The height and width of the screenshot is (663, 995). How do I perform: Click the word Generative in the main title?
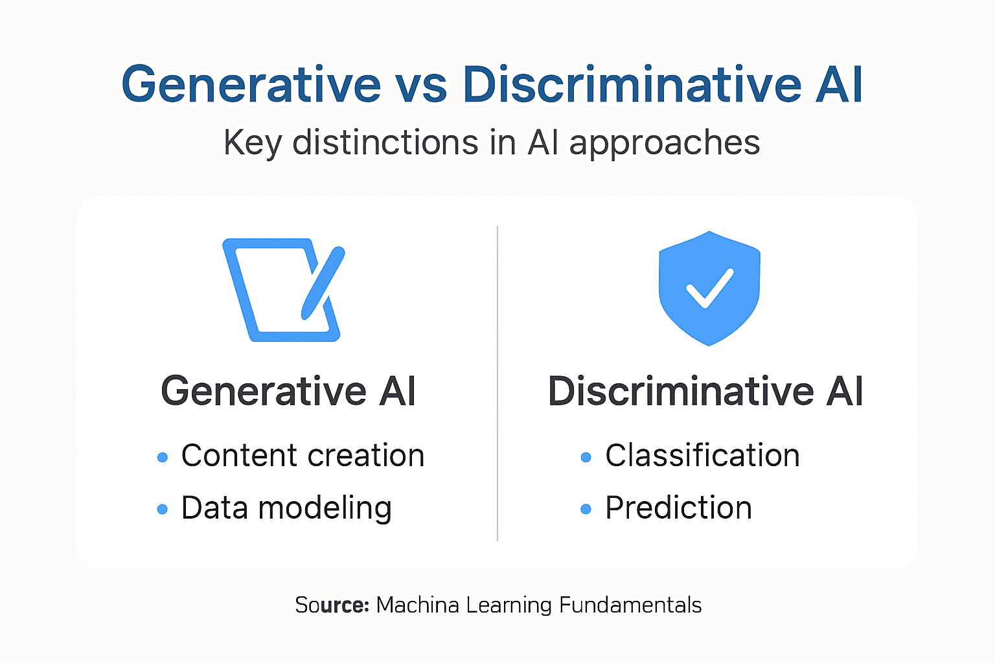tap(251, 85)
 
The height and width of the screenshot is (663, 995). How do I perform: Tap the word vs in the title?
tap(421, 85)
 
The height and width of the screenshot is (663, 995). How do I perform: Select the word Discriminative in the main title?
tap(632, 85)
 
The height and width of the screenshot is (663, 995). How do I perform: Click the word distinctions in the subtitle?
tap(386, 142)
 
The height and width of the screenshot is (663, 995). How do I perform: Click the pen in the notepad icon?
tap(323, 282)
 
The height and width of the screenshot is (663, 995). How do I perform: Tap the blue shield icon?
tap(709, 288)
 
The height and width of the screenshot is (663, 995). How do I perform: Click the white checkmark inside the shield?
tap(710, 289)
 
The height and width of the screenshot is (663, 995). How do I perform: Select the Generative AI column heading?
tap(288, 391)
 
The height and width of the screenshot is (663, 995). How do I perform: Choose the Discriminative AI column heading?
tap(705, 391)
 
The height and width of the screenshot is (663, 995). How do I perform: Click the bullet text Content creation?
tap(303, 456)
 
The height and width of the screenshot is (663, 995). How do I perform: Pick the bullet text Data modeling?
tap(286, 508)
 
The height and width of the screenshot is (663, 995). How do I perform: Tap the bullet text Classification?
tap(702, 456)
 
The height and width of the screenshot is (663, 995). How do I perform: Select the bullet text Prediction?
tap(678, 508)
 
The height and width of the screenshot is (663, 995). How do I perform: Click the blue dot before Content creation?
tap(163, 458)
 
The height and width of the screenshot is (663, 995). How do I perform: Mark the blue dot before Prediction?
tap(586, 510)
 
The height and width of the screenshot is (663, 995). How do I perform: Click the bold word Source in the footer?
tap(332, 605)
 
